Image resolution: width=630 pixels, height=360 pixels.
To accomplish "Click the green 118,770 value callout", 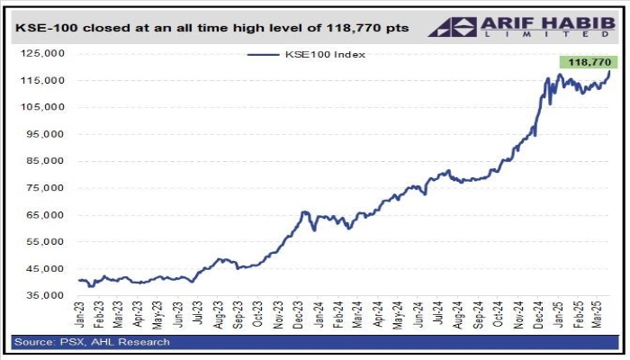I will pos(585,62).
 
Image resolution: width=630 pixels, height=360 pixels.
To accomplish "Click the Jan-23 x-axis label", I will pos(80,315).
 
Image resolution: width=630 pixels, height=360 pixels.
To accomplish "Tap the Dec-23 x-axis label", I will pos(299,315).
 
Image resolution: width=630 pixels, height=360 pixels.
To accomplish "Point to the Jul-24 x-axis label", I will pos(437,315).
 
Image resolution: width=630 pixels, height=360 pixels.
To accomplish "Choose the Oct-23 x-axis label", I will pos(259,315).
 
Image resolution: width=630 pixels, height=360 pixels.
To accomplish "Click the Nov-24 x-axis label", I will pos(517,315).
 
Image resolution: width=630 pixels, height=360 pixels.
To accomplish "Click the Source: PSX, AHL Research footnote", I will pos(91,342).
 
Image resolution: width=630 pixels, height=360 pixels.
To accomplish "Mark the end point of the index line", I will pos(609,71).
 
